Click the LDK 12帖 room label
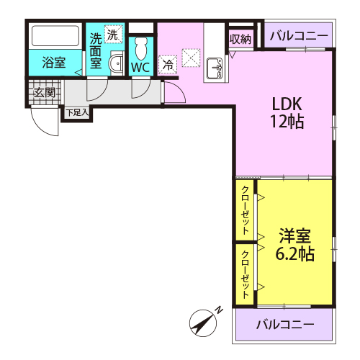[287, 113]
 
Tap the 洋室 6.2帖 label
[294, 245]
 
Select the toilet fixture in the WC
[140, 49]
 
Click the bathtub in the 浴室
[55, 36]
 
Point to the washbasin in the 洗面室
[117, 63]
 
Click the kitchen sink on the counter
[215, 68]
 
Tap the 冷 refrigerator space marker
[168, 65]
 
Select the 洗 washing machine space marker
[113, 34]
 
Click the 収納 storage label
[240, 39]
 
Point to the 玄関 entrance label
[45, 92]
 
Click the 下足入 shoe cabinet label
[77, 112]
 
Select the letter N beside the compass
[219, 310]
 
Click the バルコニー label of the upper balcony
[299, 36]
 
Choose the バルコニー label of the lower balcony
[285, 325]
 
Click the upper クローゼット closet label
[246, 210]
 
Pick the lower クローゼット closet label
[246, 274]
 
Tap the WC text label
[140, 68]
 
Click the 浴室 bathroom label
[54, 63]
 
